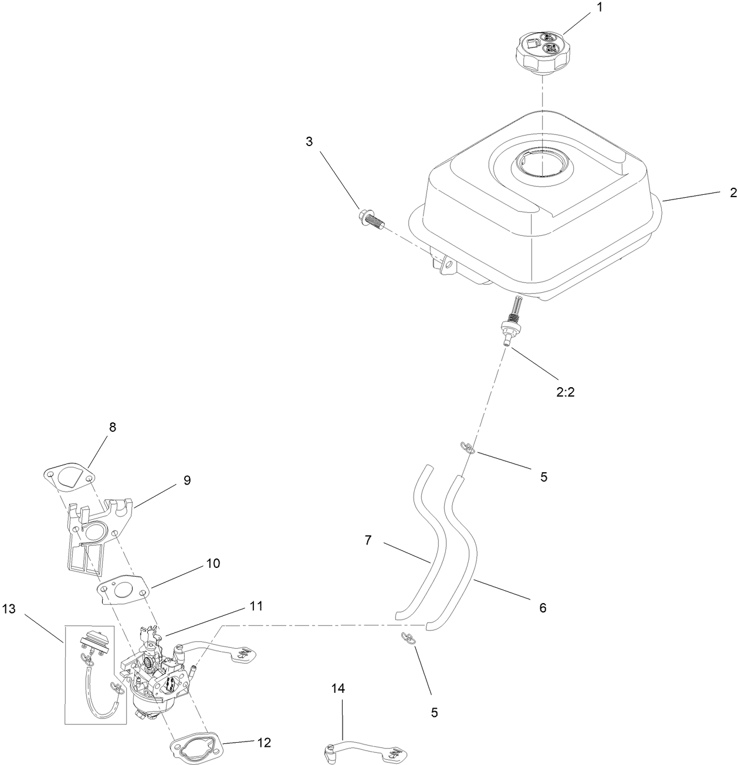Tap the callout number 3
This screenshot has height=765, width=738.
[x=309, y=141]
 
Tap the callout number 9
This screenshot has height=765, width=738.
[x=187, y=480]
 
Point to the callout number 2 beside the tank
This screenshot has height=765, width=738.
[x=733, y=193]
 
